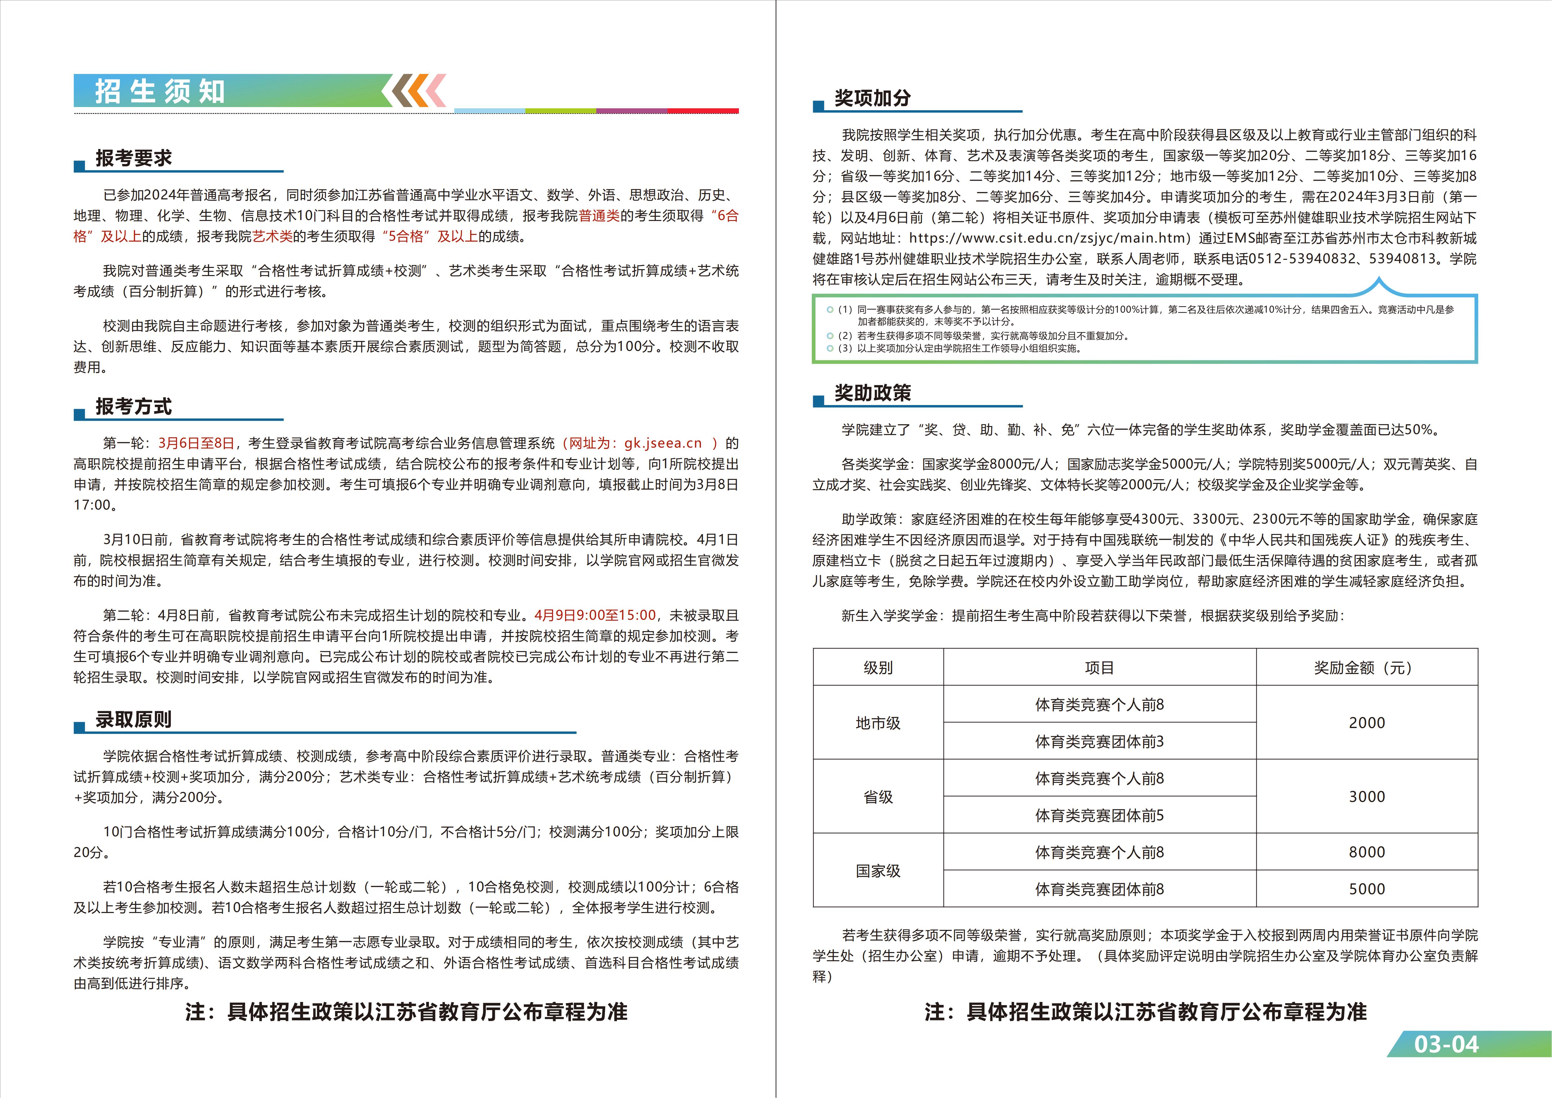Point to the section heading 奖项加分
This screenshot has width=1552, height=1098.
coord(872,98)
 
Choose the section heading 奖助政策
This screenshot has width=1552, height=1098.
coord(872,393)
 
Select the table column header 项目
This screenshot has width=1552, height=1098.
coord(1099,667)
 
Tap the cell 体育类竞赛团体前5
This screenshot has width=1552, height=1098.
coord(1099,815)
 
